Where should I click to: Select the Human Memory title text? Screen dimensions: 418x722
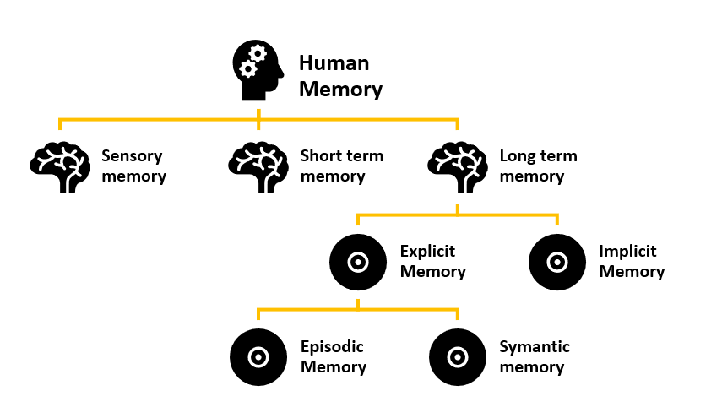(340, 77)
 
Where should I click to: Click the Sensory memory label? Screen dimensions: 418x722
(133, 166)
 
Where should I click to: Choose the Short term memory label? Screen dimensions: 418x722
(341, 166)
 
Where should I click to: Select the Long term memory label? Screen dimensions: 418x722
(538, 166)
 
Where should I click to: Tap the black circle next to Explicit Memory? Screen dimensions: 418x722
(358, 262)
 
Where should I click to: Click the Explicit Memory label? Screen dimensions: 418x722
(432, 262)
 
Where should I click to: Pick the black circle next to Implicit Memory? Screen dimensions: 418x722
(557, 262)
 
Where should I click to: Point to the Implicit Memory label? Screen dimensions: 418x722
(632, 262)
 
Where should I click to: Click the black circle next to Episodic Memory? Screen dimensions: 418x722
(258, 357)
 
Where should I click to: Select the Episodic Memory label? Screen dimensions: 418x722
(334, 357)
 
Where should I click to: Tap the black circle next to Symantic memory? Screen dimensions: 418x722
(458, 357)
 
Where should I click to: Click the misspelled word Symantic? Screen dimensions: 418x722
(535, 347)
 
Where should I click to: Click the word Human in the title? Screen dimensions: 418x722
(334, 64)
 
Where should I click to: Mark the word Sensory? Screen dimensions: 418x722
(132, 156)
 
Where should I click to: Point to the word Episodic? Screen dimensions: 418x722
(332, 347)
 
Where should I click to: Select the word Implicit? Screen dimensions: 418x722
(627, 252)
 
